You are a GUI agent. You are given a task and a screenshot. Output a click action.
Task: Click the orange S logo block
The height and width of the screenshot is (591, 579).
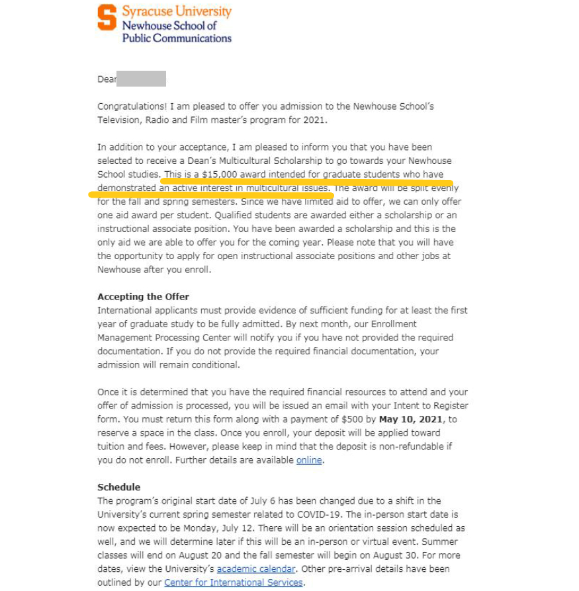pyautogui.click(x=107, y=17)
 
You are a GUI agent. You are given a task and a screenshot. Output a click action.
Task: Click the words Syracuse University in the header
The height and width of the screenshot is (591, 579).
pyautogui.click(x=177, y=12)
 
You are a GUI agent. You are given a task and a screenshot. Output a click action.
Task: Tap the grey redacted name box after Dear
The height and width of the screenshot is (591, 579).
pyautogui.click(x=141, y=79)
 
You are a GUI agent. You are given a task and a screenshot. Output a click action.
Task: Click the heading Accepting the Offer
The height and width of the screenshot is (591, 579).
pyautogui.click(x=143, y=296)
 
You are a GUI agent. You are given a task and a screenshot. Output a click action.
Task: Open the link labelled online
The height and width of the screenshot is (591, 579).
pyautogui.click(x=309, y=460)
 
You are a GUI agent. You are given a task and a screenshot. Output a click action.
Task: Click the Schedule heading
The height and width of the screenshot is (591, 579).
pyautogui.click(x=118, y=487)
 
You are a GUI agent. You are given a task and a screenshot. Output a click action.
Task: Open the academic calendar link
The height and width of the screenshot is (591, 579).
pyautogui.click(x=255, y=569)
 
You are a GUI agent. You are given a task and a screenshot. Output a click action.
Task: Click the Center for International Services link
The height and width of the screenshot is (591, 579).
pyautogui.click(x=233, y=582)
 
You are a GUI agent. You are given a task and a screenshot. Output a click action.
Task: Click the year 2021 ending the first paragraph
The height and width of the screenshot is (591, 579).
pyautogui.click(x=314, y=120)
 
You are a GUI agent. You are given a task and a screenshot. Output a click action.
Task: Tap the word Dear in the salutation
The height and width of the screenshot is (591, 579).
pyautogui.click(x=107, y=79)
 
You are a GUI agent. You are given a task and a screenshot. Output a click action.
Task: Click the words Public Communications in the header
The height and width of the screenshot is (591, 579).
pyautogui.click(x=177, y=38)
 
